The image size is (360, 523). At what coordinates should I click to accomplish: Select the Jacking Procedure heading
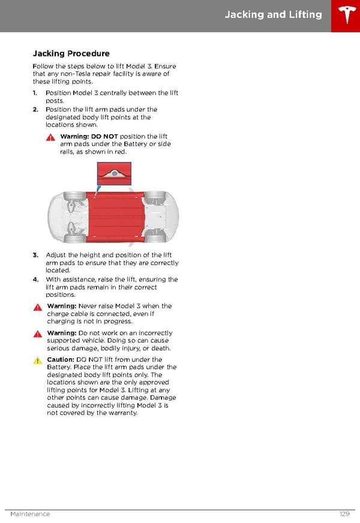[x=71, y=54]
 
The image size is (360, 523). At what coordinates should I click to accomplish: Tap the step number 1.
[x=35, y=93]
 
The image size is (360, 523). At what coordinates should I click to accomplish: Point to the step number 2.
[x=35, y=110]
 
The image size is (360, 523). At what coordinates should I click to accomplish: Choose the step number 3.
[x=35, y=256]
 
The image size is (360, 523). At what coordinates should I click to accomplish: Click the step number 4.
[x=35, y=279]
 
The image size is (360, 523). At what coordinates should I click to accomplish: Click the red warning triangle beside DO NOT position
[x=51, y=137]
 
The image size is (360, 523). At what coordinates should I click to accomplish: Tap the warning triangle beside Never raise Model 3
[x=37, y=307]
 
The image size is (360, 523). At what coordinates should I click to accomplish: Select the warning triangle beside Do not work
[x=37, y=334]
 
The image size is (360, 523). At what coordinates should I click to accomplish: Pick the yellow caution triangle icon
[x=37, y=361]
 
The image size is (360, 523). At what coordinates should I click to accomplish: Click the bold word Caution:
[x=60, y=360]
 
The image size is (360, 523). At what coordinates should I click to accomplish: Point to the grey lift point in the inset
[x=114, y=173]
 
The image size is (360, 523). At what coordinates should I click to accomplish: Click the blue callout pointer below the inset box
[x=99, y=188]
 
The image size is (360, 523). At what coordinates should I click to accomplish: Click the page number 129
[x=343, y=514]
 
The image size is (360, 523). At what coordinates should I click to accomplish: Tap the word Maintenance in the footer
[x=30, y=514]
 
